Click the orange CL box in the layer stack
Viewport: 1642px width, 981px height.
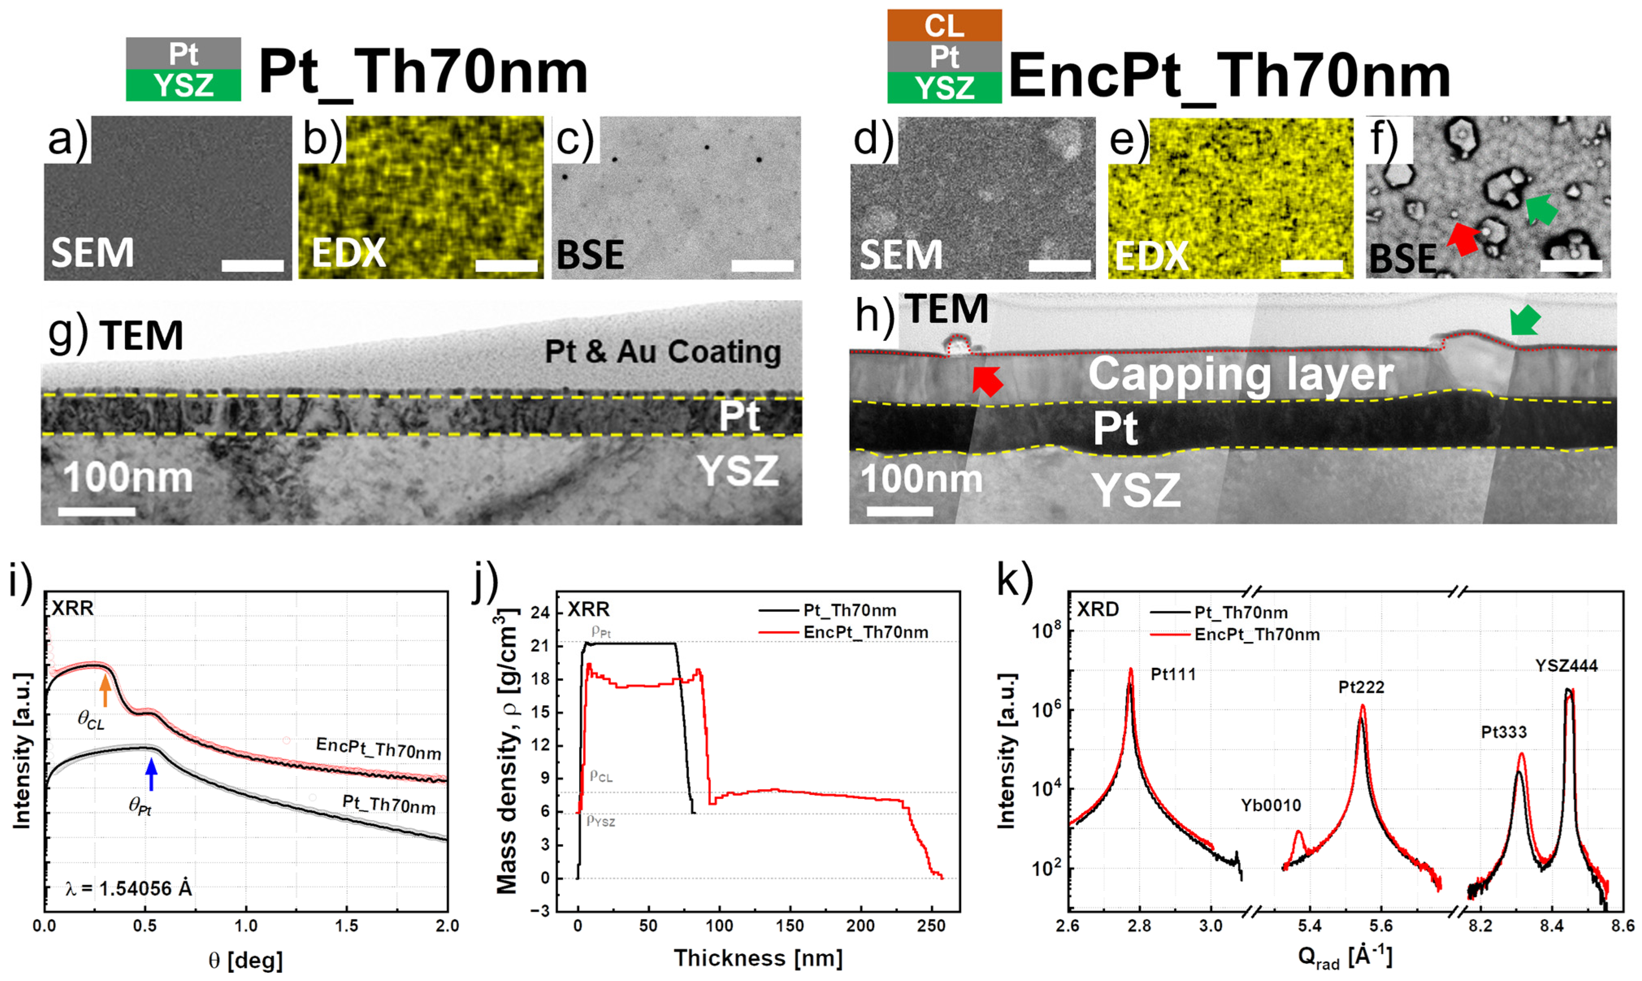(x=944, y=26)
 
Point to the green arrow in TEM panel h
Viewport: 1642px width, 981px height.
(x=1525, y=322)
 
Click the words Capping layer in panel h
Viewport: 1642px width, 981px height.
(x=1241, y=375)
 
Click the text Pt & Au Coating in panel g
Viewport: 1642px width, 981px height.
(x=662, y=352)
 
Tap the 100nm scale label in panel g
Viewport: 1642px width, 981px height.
(x=128, y=477)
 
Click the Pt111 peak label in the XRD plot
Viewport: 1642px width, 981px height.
(x=1173, y=674)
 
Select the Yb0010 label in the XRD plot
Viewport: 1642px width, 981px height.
(x=1271, y=805)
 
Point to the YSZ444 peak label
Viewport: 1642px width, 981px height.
(x=1566, y=666)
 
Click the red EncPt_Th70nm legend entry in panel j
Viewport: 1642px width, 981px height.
(x=864, y=632)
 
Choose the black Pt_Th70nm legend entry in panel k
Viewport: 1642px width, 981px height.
(x=1240, y=613)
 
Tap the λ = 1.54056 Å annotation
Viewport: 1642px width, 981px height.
(x=129, y=888)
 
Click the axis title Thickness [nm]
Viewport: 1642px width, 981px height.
(x=758, y=958)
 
